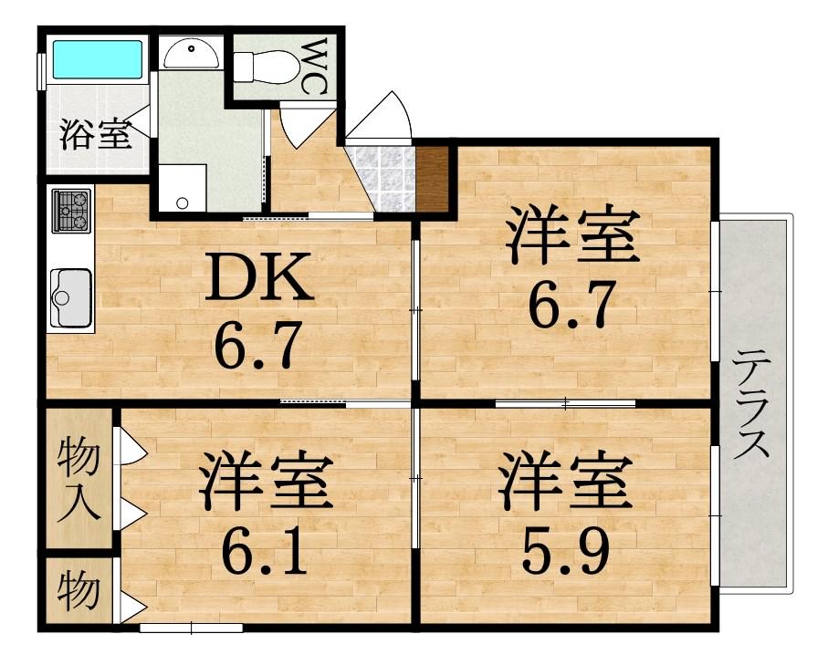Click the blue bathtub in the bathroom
click(x=98, y=59)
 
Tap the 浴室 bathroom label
click(x=96, y=135)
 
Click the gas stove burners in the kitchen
click(x=71, y=211)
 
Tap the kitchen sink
click(x=71, y=296)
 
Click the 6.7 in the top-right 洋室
click(x=571, y=307)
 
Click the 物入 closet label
click(x=79, y=479)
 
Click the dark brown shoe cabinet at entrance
click(x=432, y=180)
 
